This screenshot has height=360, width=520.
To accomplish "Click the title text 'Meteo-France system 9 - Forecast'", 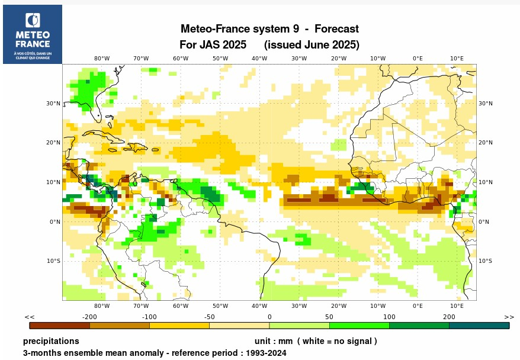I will (269, 29).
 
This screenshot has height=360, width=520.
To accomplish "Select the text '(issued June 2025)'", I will (312, 45).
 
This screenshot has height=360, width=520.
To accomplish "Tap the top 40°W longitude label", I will (259, 58).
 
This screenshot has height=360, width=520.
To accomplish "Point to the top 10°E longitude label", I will (457, 58).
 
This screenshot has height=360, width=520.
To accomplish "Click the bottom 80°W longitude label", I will (102, 306).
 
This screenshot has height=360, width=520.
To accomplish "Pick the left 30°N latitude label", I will (54, 104).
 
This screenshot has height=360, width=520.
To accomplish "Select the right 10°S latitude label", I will (486, 261).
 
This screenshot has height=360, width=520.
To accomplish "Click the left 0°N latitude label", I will (54, 222).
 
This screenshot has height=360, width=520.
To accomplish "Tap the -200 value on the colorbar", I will (89, 317).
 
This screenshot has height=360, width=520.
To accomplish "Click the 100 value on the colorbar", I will (389, 317).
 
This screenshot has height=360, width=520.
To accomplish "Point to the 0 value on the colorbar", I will (269, 317).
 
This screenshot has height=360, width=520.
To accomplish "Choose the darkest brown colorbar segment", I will (59, 325).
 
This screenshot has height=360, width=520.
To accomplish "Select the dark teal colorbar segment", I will (479, 325).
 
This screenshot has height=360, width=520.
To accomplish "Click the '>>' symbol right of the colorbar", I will (509, 317).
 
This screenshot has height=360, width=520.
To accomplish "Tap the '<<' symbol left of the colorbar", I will (30, 317).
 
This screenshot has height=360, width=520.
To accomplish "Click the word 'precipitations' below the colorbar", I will (51, 342).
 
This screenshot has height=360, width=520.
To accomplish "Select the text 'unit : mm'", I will (274, 342).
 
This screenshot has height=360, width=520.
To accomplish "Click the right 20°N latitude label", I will (486, 143).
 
